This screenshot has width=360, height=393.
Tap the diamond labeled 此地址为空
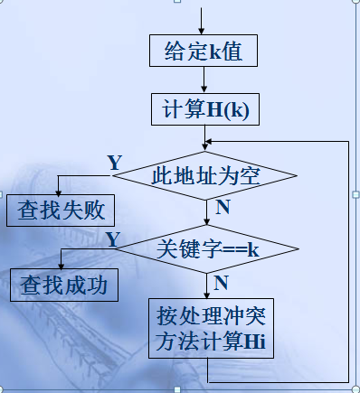206,174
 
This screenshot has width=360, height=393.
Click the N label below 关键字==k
220,283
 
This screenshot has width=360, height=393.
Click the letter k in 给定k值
216,51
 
